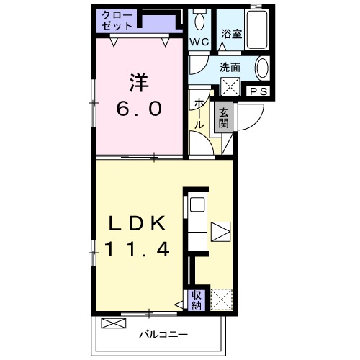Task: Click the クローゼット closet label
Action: tap(117, 19)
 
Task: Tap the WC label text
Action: tap(199, 42)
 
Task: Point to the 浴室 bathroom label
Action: tap(230, 33)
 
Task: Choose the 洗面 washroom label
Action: tap(230, 67)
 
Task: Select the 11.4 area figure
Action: tap(137, 251)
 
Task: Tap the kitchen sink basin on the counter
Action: tap(197, 207)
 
